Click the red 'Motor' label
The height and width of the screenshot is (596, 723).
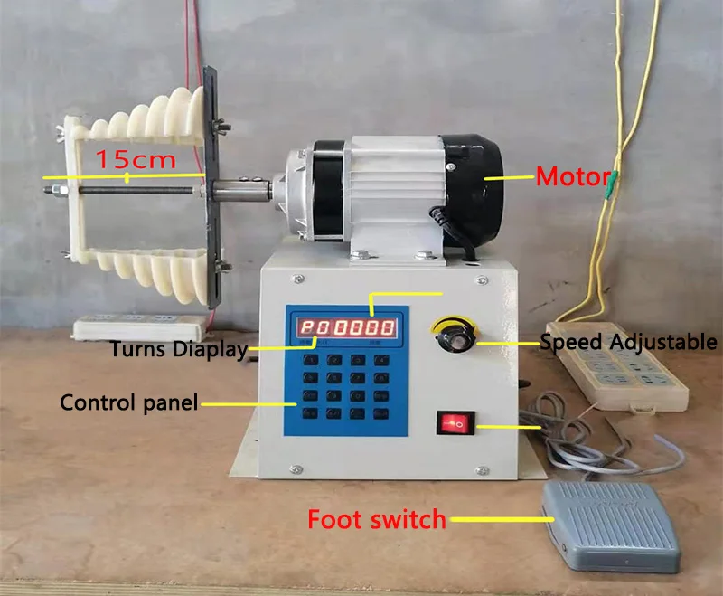[573, 176]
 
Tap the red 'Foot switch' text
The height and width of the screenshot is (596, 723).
[377, 520]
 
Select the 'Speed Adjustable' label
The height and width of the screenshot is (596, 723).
[628, 342]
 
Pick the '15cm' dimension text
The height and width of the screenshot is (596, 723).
[136, 160]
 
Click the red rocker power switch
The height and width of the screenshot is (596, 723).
[456, 422]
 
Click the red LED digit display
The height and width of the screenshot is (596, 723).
[348, 327]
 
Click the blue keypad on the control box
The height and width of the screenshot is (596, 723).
[348, 386]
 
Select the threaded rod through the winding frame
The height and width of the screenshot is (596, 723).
[136, 190]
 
